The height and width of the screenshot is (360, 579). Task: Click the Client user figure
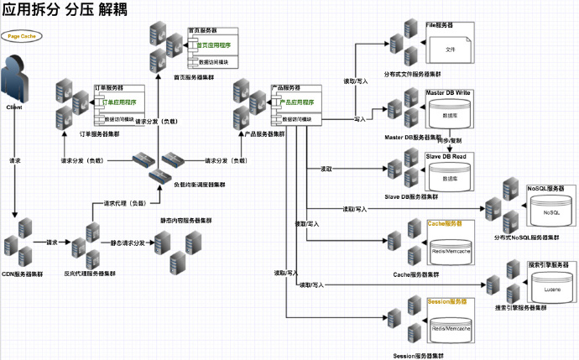point(16,80)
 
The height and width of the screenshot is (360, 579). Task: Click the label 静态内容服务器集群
point(185,221)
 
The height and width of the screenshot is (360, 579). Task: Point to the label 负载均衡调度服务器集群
point(199,184)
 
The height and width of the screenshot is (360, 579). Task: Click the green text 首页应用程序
point(214,44)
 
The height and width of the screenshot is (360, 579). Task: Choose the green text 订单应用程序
point(118,102)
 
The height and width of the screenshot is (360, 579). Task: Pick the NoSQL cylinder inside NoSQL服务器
point(550,213)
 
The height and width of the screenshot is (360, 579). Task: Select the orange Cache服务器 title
point(446,224)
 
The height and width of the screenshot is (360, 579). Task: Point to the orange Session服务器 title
point(447,300)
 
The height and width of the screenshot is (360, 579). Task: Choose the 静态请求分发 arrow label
point(128,243)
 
